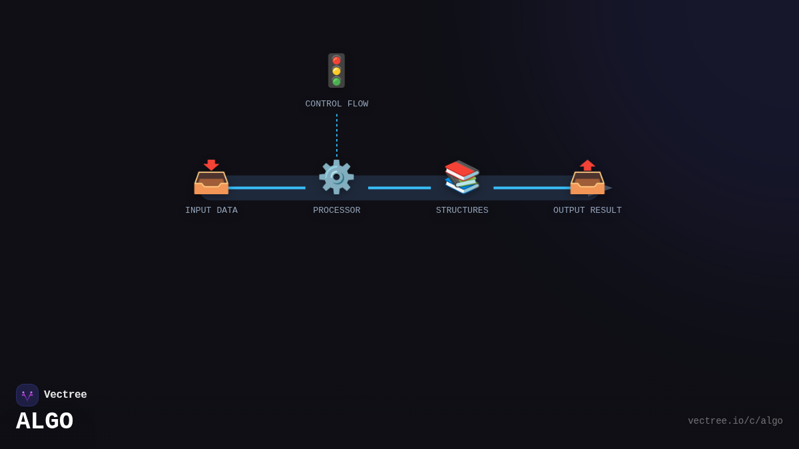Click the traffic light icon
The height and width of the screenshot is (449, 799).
coord(336,71)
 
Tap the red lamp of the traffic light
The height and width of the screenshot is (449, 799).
coord(336,61)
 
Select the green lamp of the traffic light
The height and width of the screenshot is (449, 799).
coord(336,81)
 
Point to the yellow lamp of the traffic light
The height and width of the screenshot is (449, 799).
coord(336,71)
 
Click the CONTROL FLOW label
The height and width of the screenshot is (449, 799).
coord(336,104)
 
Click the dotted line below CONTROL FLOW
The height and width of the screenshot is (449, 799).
coord(336,135)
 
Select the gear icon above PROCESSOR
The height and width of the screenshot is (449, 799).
coord(336,177)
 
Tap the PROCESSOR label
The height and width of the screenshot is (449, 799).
coord(336,210)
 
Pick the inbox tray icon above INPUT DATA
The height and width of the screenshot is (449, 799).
coord(211,178)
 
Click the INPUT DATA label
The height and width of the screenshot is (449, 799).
coord(211,210)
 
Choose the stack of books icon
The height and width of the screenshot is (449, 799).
coord(461,177)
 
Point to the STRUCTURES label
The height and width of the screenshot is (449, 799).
coord(461,210)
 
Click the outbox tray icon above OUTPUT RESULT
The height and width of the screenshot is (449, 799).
coord(587,178)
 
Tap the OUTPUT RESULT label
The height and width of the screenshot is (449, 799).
coord(587,210)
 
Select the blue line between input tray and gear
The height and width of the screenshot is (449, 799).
coord(267,188)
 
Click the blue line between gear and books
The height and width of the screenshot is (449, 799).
coord(400,188)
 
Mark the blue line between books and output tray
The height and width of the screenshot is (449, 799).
coord(531,188)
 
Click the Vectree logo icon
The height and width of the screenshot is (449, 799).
coord(27,395)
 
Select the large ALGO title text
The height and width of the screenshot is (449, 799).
coord(45,422)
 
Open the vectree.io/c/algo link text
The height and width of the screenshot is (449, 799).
coord(735,421)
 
